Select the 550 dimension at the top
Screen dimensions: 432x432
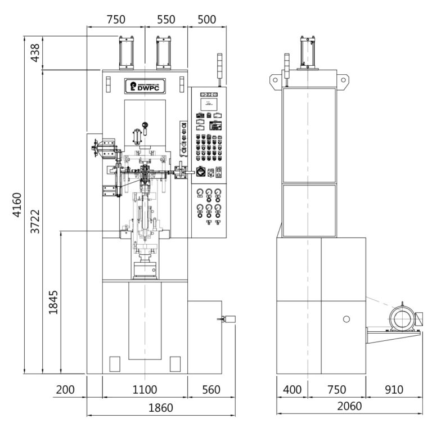pos(166,19)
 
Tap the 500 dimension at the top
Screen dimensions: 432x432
pos(207,19)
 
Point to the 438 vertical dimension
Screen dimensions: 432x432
pos(34,53)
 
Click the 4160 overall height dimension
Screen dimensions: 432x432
pos(17,205)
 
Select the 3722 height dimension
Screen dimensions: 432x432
pos(35,222)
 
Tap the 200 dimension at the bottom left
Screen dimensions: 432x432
pos(66,390)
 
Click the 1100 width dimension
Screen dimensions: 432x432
pos(145,390)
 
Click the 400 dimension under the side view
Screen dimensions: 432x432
pos(292,390)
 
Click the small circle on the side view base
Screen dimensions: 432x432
pos(346,319)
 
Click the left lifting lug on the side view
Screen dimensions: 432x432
pos(275,80)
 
